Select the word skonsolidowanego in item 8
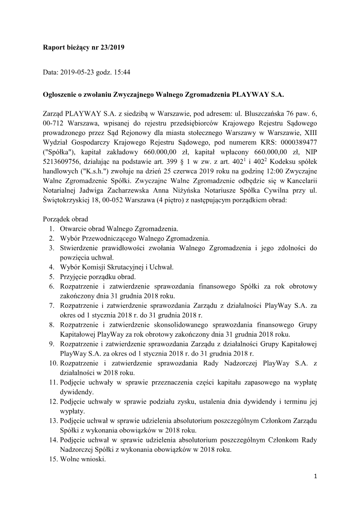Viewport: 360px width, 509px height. tap(180, 324)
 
